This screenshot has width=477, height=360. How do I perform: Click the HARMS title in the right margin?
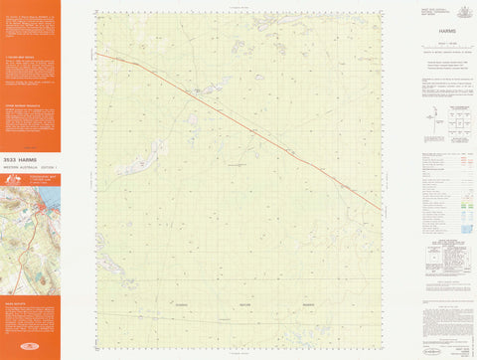click(x=432, y=31)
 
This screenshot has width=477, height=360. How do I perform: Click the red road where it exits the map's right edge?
click(x=381, y=208)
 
